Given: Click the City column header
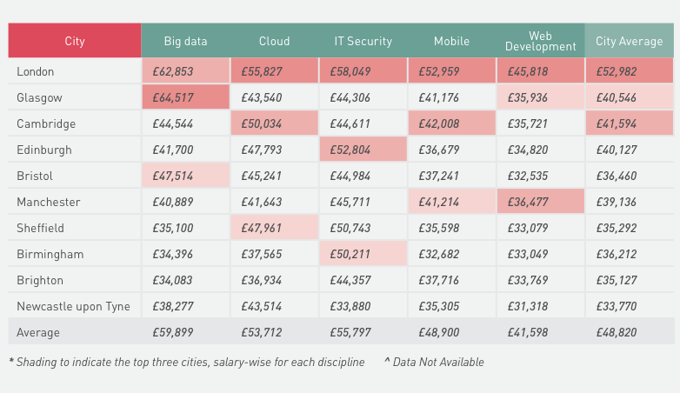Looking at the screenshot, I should (75, 41).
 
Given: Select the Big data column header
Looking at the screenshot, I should (185, 41).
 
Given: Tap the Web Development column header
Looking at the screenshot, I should (540, 41).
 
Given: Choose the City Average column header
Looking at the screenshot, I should (629, 41).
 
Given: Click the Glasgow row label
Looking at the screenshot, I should (39, 97).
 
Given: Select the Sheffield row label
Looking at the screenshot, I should (40, 228).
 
